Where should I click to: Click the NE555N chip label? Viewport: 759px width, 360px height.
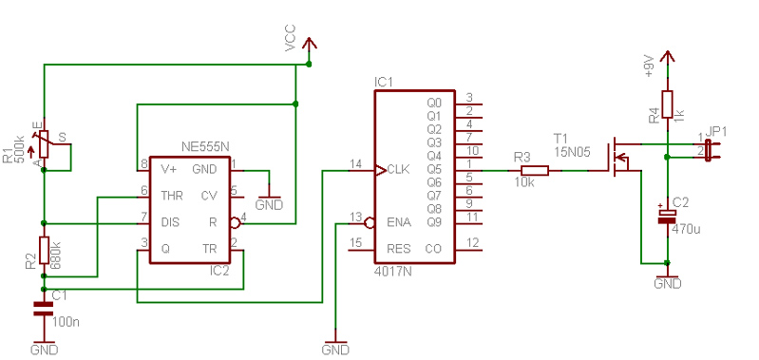click(x=205, y=146)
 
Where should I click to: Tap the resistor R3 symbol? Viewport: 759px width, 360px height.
click(x=535, y=170)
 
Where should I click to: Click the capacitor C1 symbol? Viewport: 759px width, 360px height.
click(x=43, y=309)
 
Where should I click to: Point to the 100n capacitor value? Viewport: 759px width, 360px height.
click(x=65, y=322)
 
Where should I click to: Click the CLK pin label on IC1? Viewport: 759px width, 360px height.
click(x=398, y=170)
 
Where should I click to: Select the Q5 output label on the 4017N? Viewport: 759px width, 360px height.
click(x=435, y=170)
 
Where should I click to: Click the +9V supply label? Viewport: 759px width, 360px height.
click(x=650, y=66)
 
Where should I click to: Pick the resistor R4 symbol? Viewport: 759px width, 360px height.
click(x=667, y=104)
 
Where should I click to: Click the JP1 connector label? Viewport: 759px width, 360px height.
click(x=716, y=132)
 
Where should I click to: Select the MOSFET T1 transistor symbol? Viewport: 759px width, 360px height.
click(x=620, y=158)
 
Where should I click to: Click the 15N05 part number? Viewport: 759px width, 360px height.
click(x=573, y=151)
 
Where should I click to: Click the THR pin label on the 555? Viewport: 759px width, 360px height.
click(x=172, y=196)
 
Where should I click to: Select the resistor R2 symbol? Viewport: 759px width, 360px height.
click(x=44, y=251)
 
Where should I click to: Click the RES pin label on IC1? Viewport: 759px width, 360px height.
click(x=398, y=249)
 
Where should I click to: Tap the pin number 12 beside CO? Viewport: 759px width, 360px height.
click(x=472, y=242)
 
